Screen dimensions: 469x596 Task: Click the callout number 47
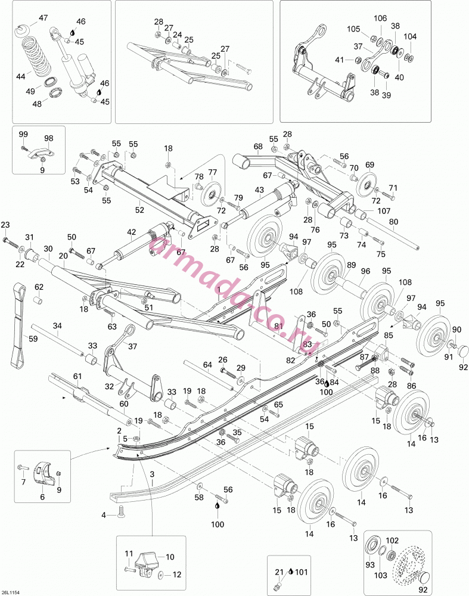44,17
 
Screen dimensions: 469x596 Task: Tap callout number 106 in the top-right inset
380,18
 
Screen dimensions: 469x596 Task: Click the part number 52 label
139,209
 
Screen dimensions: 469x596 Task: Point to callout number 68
258,147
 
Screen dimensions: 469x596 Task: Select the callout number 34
57,326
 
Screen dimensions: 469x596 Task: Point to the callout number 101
302,572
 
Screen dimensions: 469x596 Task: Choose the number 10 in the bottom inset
170,557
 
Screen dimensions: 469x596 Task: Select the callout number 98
49,138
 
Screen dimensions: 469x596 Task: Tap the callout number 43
259,190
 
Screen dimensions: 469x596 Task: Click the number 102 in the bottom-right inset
392,541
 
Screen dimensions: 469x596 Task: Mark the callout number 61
77,376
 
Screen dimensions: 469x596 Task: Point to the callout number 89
351,265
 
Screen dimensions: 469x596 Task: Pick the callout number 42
131,232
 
